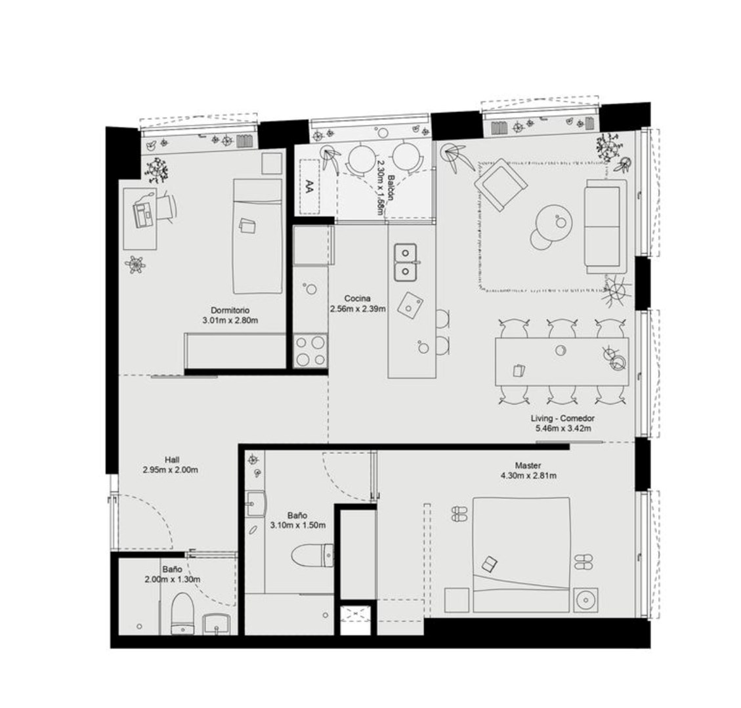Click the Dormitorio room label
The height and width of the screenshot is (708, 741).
coord(230,310)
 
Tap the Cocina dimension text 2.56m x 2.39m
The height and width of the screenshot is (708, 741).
coord(357,309)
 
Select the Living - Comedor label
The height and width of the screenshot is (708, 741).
coord(562,418)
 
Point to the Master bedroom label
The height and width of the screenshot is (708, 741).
coord(528,465)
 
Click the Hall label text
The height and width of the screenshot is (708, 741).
coord(172,460)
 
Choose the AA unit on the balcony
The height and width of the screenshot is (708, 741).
coord(310,186)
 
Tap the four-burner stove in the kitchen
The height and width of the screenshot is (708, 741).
coord(310,350)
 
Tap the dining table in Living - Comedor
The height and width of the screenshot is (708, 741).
coord(562,362)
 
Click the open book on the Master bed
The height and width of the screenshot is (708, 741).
coord(490,564)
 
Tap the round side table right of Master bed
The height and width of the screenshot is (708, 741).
coord(586,600)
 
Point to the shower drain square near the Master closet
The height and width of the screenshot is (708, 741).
coord(355,619)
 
